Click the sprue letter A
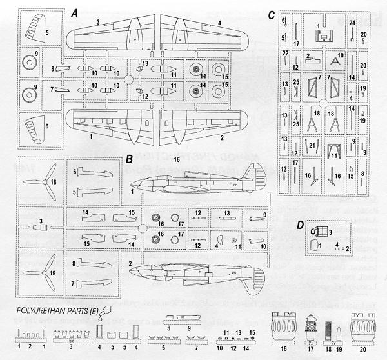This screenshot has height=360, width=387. (75, 13)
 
